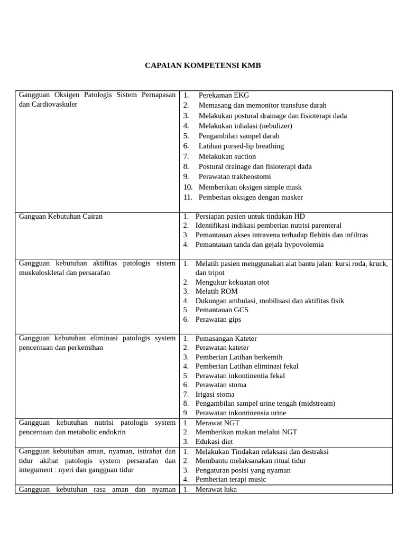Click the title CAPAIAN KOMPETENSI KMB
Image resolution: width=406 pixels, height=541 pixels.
click(x=203, y=66)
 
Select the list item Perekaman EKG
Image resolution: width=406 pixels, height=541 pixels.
click(x=216, y=95)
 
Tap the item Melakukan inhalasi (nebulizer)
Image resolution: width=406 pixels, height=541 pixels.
click(x=245, y=126)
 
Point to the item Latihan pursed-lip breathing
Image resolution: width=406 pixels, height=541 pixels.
click(x=241, y=146)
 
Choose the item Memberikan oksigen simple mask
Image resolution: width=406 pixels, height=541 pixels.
click(x=251, y=187)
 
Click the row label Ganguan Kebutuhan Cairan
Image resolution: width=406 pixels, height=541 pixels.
click(x=61, y=216)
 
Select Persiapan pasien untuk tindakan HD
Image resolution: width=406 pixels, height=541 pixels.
click(x=250, y=216)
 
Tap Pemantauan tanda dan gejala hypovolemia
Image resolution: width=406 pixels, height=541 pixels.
click(x=259, y=245)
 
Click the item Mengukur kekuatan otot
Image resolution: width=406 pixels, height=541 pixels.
click(x=232, y=282)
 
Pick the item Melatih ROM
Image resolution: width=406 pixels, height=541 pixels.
click(x=216, y=291)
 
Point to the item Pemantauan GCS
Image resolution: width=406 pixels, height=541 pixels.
click(x=222, y=310)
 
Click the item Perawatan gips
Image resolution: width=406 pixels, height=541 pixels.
click(x=218, y=319)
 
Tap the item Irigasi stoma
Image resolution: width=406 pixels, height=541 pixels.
click(x=215, y=394)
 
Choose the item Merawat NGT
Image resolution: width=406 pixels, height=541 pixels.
click(x=217, y=423)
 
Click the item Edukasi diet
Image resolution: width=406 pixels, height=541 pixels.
click(x=214, y=441)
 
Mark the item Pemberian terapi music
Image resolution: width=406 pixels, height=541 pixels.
click(x=230, y=479)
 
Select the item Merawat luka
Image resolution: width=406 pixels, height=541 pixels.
click(x=216, y=489)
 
